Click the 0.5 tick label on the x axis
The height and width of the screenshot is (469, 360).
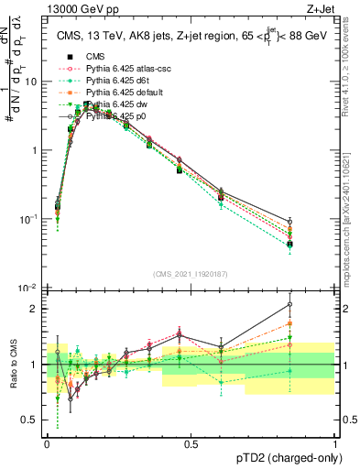tap(191, 442)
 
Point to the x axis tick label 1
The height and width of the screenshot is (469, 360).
tap(335, 442)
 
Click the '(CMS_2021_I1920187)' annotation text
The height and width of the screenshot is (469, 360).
tap(190, 273)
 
